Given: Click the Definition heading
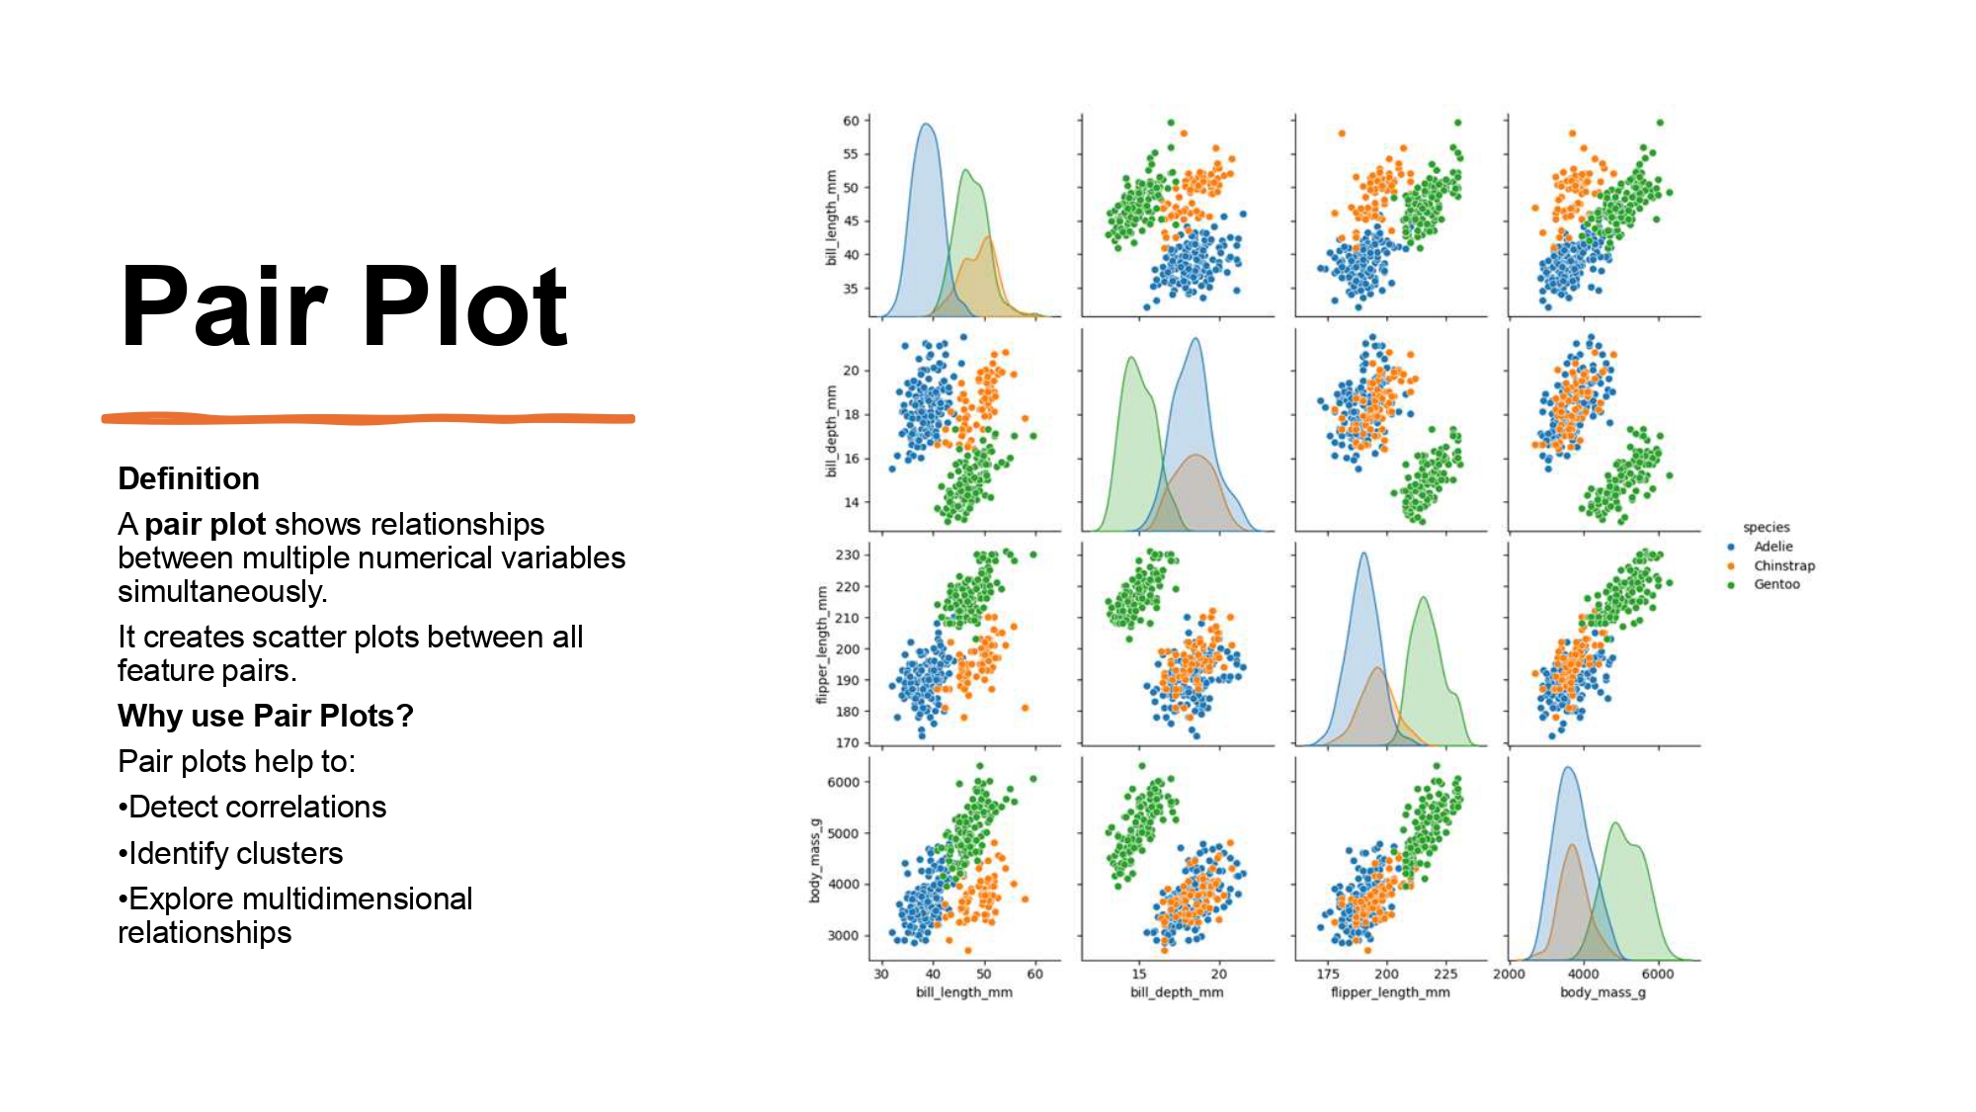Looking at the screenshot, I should coord(189,478).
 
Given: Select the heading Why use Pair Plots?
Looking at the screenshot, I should coord(265,716).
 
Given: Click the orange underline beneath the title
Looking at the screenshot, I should coord(368,419).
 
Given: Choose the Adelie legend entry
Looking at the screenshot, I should coord(1772,547).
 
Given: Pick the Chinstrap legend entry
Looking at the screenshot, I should coord(1783,565).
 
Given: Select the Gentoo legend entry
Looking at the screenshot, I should coord(1776,584).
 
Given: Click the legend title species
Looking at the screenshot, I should coord(1767,527).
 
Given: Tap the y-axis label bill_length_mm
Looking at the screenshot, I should coord(831,217).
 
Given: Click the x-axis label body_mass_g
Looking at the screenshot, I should coord(1603,991).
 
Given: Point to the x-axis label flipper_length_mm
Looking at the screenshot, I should coord(1390,991).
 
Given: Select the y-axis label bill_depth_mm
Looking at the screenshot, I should coord(831,432).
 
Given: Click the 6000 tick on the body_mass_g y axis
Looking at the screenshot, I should coord(843,782).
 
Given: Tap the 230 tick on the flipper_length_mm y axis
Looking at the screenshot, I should coord(848,555).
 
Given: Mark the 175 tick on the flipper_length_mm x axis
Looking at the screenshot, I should coord(1328,974).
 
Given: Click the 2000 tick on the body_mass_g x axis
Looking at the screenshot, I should coord(1509,974).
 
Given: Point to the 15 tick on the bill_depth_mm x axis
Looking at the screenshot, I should coord(1139,974).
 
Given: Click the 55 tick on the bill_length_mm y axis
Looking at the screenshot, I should coord(851,154).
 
